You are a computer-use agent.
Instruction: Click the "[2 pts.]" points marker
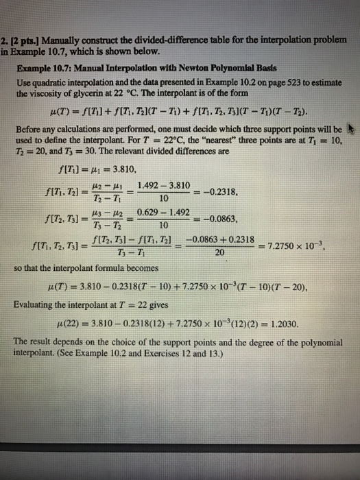tap(22, 41)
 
